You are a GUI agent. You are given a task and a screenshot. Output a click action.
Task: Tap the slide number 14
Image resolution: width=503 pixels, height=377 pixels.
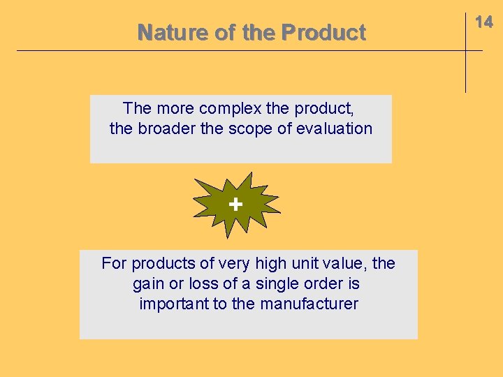[x=484, y=22]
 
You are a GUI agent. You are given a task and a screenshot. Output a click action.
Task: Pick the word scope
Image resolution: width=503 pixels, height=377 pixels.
[x=247, y=128]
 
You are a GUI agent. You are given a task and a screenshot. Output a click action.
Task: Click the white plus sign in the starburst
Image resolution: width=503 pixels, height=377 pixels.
[x=235, y=204]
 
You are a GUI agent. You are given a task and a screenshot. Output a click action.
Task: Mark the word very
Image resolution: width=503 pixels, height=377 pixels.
[x=234, y=263]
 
